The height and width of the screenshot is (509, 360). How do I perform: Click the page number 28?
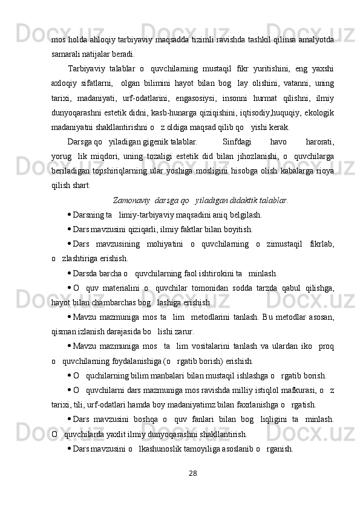pos(194,488)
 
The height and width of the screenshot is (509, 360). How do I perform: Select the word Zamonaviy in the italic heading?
pos(132,199)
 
